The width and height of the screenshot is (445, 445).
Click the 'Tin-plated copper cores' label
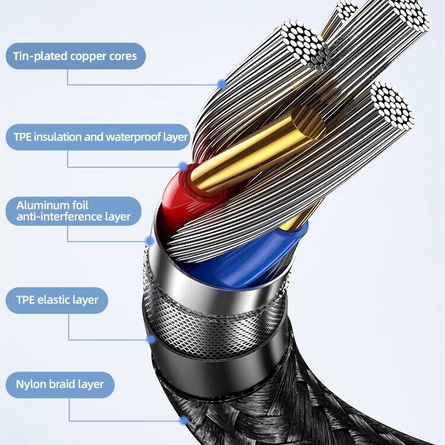(75, 56)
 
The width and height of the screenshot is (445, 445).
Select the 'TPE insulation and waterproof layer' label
(100, 137)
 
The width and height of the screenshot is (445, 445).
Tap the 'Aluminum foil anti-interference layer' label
(74, 211)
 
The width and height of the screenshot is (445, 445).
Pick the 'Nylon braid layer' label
(59, 384)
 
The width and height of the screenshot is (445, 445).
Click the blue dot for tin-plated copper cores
(222, 84)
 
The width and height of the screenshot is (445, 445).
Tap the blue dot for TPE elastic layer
(151, 339)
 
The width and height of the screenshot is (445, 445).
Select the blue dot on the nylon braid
(184, 420)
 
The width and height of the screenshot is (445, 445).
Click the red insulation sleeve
(178, 190)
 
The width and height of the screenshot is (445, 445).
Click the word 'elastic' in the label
(52, 300)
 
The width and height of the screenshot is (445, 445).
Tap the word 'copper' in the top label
(86, 56)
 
